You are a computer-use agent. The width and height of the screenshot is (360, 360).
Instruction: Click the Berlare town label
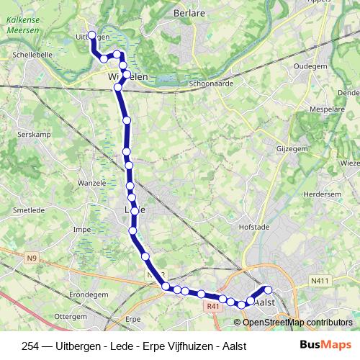tap(189, 12)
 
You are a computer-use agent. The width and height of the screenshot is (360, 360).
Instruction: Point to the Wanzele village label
tap(91, 183)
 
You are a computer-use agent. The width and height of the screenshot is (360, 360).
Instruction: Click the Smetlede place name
tap(27, 211)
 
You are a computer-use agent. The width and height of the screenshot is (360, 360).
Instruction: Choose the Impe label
tap(81, 230)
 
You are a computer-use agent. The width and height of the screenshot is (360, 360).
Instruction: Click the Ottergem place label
tap(70, 316)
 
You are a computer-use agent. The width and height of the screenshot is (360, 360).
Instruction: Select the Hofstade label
tap(253, 226)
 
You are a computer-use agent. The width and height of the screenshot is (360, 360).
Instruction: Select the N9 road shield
tap(31, 258)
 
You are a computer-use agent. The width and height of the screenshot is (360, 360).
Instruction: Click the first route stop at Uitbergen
tap(91, 35)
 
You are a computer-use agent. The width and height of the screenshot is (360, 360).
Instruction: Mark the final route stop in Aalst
tap(268, 290)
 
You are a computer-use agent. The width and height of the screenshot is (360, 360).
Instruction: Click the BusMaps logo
tap(325, 345)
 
